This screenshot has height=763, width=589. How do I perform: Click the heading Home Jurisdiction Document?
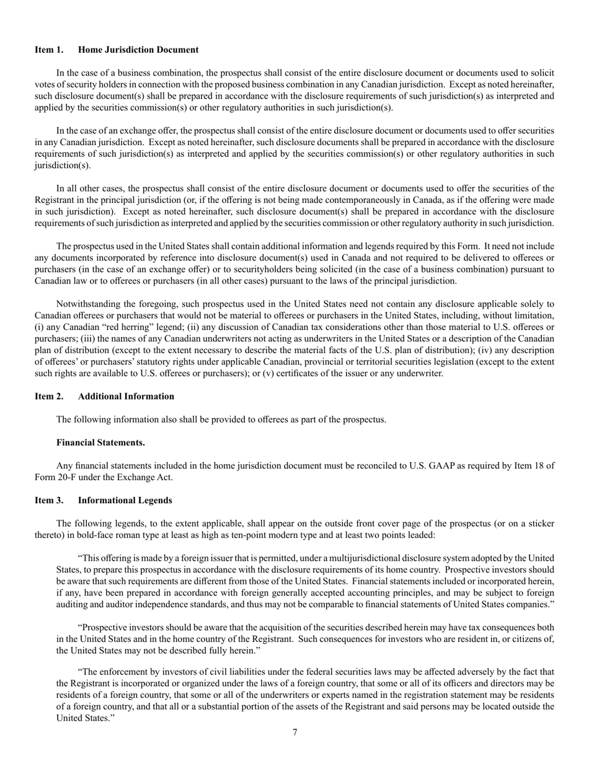pyautogui.click(x=138, y=50)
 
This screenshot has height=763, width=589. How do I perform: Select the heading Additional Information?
pyautogui.click(x=126, y=396)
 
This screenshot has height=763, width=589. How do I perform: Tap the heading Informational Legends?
pyautogui.click(x=125, y=500)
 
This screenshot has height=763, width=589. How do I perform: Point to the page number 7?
pyautogui.click(x=294, y=733)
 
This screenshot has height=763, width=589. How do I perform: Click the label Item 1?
pyautogui.click(x=49, y=50)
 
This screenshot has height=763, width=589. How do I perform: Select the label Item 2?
pyautogui.click(x=49, y=396)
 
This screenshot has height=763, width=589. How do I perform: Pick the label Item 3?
pyautogui.click(x=49, y=500)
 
